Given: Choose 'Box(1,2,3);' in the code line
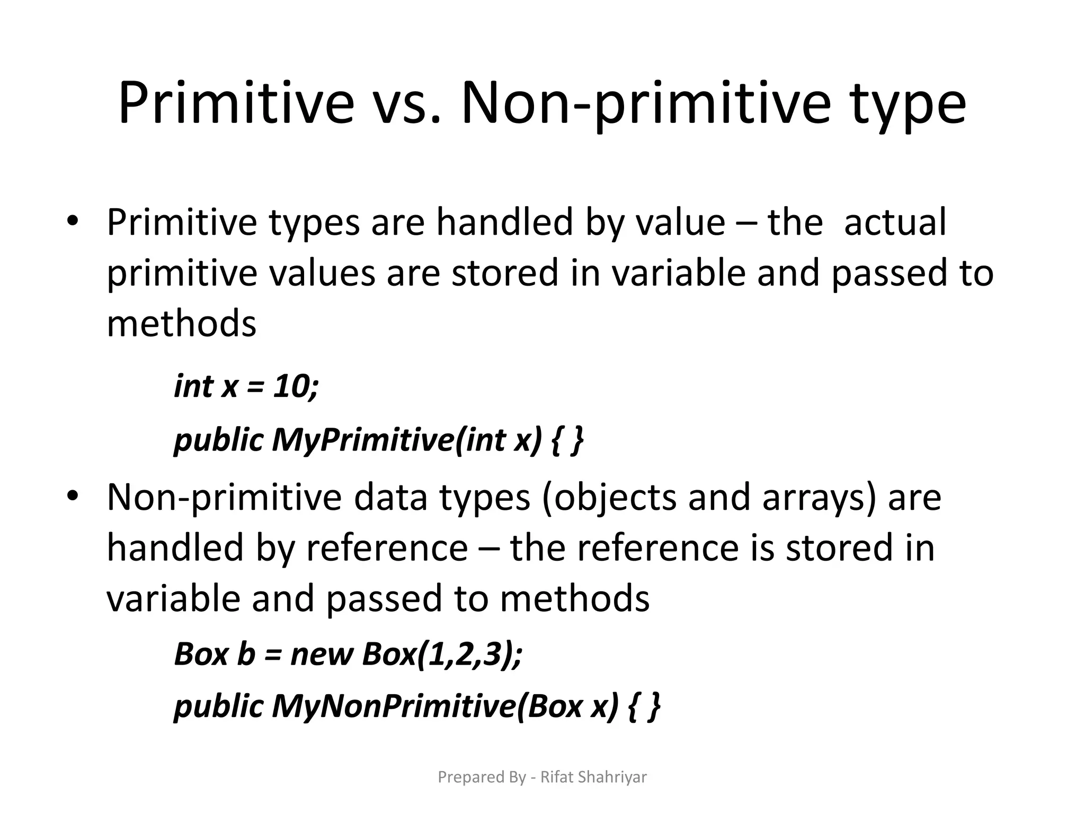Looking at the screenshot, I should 442,654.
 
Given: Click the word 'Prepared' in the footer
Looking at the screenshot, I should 464,777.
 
